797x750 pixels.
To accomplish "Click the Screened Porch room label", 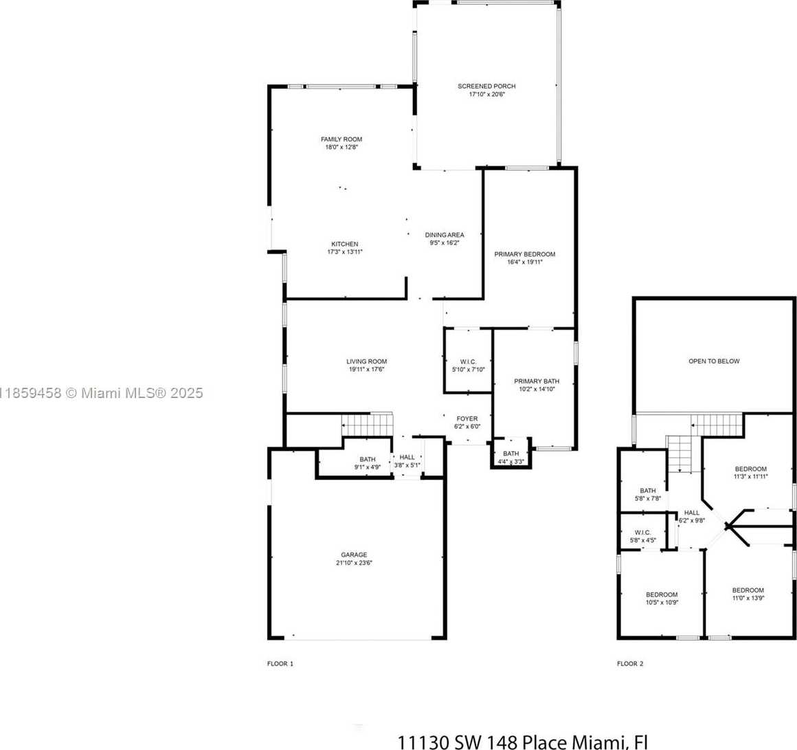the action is point(486,86).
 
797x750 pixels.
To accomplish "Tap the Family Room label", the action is point(341,140).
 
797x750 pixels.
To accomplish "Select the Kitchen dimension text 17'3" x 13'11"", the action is point(345,252).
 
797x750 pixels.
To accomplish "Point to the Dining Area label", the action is point(445,235).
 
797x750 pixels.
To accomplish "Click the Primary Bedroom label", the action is point(525,254).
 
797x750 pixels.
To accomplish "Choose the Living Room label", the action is point(366,362).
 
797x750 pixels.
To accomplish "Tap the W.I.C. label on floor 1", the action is point(468,362).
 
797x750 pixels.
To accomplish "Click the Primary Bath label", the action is point(537,382).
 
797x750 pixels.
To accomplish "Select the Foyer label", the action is point(467,419).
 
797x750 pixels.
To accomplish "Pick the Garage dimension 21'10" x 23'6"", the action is point(355,563).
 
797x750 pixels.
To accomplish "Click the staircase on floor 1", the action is point(367,425).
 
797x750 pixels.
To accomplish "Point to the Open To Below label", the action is point(714,362).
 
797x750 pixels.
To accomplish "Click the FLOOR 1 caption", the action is point(280,663).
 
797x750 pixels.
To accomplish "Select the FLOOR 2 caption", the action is point(630,663).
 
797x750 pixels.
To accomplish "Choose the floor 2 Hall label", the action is point(692,513).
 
